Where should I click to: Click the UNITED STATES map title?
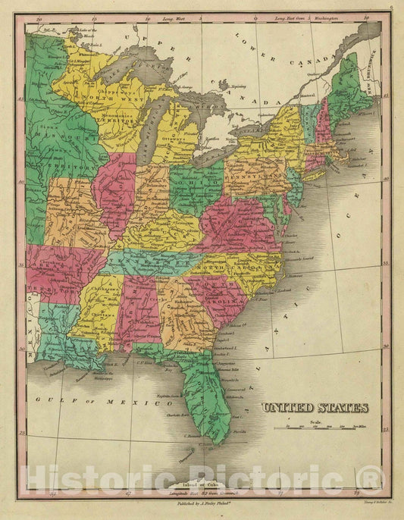click(315, 408)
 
